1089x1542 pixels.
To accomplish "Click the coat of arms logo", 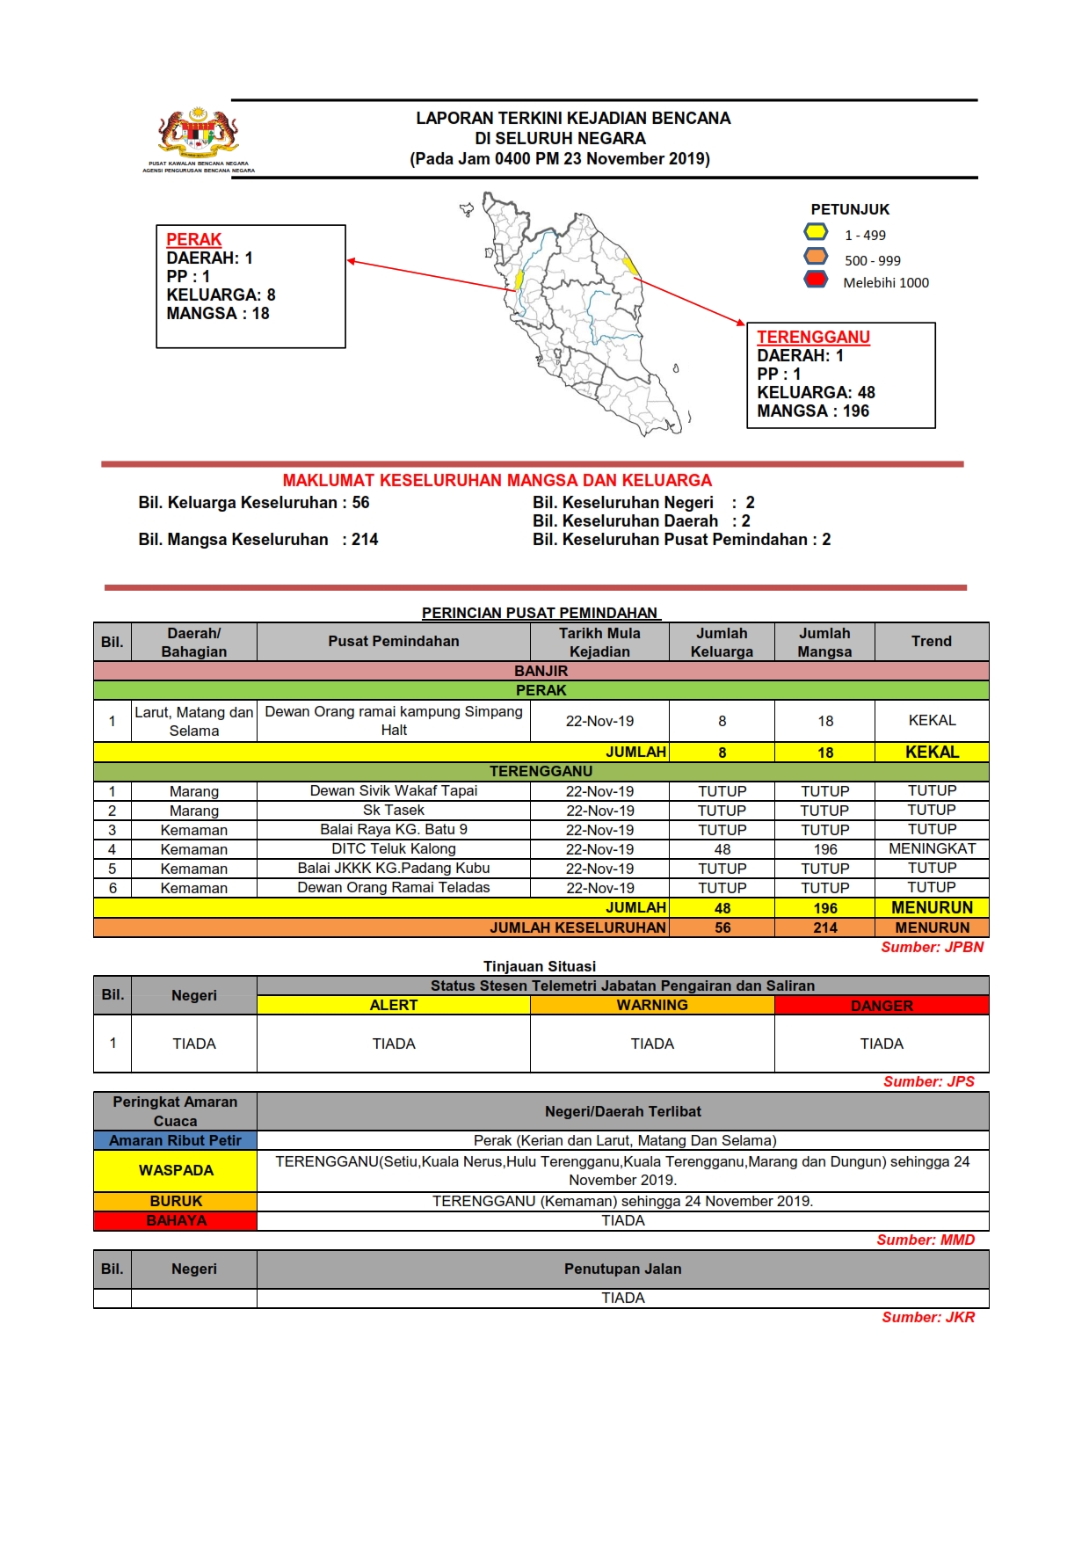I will click(199, 134).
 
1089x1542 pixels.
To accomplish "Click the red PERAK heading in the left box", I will click(193, 239).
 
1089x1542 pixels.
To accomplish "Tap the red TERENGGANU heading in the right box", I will click(813, 337).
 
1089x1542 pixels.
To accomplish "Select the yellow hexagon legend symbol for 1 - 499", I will click(816, 232).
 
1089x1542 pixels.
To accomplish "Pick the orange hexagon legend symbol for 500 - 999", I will click(816, 257).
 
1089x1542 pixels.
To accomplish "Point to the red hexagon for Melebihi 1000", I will click(816, 280).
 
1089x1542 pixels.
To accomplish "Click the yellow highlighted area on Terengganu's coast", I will click(629, 265).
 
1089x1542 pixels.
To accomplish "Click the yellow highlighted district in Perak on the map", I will click(519, 279).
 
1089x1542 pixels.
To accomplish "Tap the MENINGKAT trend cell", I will click(932, 849).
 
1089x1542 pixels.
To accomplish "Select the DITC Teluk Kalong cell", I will click(393, 849).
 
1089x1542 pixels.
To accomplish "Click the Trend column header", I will click(931, 642).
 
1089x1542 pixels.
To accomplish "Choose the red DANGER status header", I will click(882, 1006).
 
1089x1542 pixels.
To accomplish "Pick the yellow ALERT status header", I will click(393, 1006).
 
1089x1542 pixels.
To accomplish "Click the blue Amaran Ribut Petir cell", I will click(175, 1140).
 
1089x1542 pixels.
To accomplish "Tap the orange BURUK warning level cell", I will click(175, 1201).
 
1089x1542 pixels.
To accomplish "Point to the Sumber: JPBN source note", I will click(932, 947).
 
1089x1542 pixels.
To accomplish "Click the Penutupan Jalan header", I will click(622, 1269).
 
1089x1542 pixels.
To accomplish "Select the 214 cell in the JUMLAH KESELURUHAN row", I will click(824, 927).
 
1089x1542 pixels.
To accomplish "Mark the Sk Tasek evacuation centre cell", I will click(393, 811).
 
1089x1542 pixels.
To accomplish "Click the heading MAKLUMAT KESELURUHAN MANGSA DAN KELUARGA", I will click(497, 481).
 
